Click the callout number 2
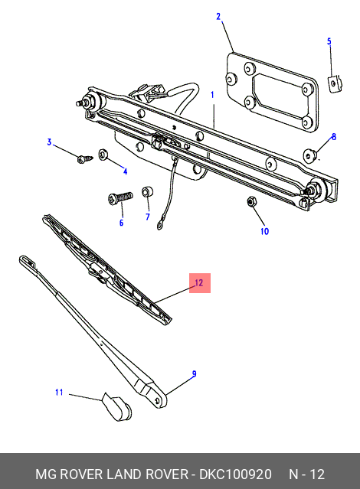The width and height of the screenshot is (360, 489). tap(218, 16)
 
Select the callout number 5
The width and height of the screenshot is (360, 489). tap(329, 41)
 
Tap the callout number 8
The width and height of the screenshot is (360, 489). tap(333, 137)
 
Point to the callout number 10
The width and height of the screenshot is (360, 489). tap(264, 231)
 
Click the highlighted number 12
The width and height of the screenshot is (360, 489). tap(198, 283)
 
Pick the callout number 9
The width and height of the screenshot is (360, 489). tap(194, 373)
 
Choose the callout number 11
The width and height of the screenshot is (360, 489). tap(59, 393)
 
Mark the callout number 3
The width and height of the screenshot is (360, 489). tap(49, 142)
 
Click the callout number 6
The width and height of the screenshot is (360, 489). tap(120, 223)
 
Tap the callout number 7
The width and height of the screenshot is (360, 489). tap(148, 217)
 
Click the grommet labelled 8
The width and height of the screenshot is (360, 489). tap(311, 156)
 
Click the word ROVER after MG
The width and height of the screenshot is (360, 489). tap(81, 474)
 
